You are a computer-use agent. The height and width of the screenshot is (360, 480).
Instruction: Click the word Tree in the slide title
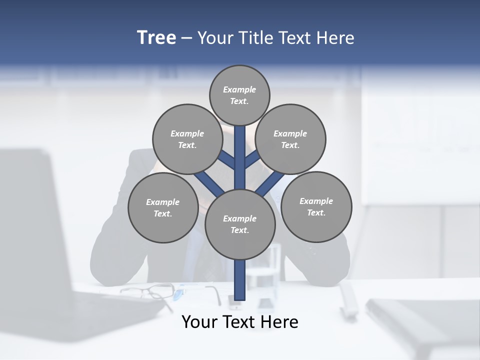[x=156, y=37]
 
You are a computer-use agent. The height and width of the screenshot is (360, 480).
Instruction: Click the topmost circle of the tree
[x=239, y=95]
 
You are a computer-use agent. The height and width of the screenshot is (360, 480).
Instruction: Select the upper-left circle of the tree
[x=187, y=139]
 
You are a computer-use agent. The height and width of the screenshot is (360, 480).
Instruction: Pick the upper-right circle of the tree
[x=290, y=139]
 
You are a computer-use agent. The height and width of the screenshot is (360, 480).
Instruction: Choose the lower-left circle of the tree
[x=163, y=207]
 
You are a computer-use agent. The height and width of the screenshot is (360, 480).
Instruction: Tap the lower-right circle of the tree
[x=316, y=206]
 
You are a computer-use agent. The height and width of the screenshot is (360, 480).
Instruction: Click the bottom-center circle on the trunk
[x=240, y=224]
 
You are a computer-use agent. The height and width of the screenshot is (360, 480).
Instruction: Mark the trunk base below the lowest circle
[x=240, y=280]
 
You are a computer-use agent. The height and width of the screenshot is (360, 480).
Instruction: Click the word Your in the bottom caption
[x=199, y=322]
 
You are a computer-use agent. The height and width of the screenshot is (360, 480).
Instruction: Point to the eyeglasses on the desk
[x=150, y=290]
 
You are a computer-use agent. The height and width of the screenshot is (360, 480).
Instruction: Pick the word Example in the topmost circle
[x=239, y=89]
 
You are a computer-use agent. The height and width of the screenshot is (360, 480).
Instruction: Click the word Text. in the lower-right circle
[x=316, y=212]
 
